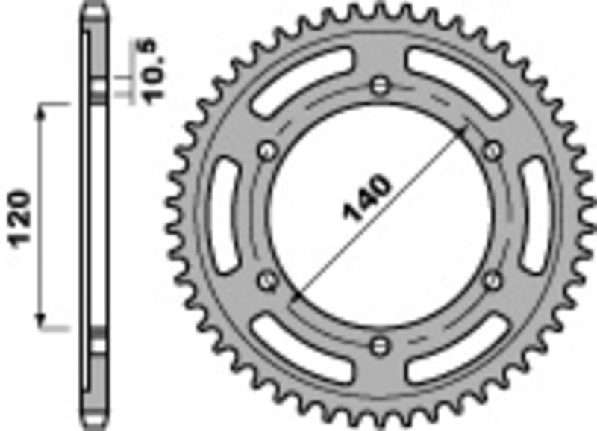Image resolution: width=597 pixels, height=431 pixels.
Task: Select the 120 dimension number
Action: (22, 217)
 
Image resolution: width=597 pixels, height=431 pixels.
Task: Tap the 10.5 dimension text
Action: (148, 69)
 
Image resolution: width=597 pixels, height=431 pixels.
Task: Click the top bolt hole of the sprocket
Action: (381, 84)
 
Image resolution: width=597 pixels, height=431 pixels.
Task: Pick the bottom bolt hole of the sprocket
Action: (381, 345)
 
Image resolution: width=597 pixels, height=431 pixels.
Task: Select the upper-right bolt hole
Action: (492, 151)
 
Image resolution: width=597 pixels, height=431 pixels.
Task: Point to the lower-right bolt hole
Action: (492, 279)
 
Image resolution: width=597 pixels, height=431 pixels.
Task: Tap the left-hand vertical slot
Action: (223, 216)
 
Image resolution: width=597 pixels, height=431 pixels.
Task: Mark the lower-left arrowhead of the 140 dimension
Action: (296, 297)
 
